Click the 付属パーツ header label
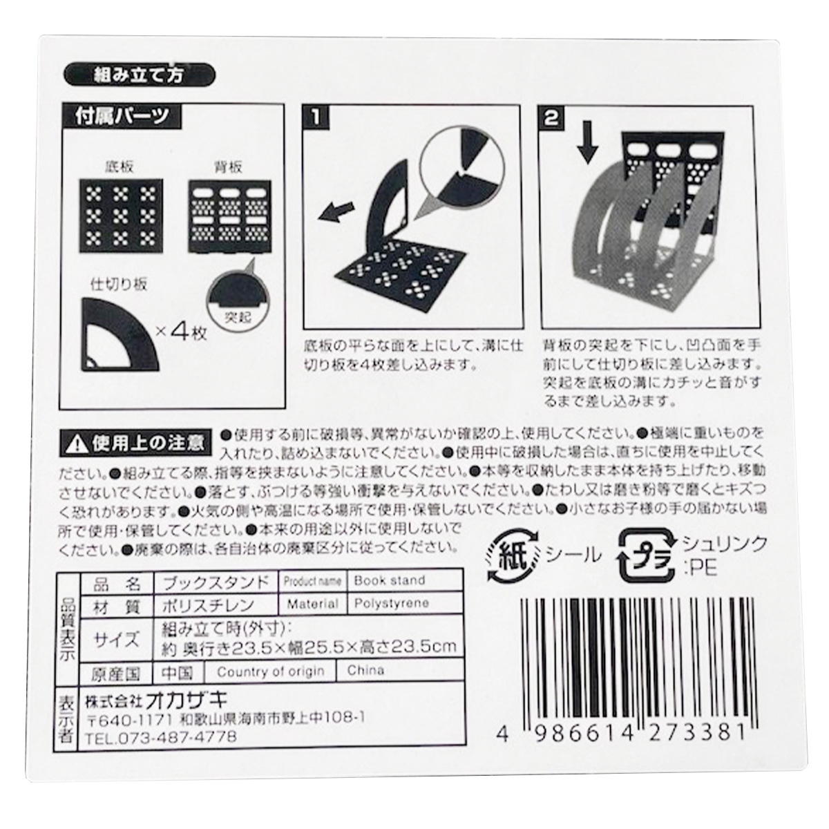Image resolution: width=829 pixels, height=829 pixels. (120, 116)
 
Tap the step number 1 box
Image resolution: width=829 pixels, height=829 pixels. (316, 117)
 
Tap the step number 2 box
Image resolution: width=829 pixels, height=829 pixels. (552, 118)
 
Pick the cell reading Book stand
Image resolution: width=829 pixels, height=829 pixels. (390, 580)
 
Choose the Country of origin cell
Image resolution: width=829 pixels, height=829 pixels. (270, 671)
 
